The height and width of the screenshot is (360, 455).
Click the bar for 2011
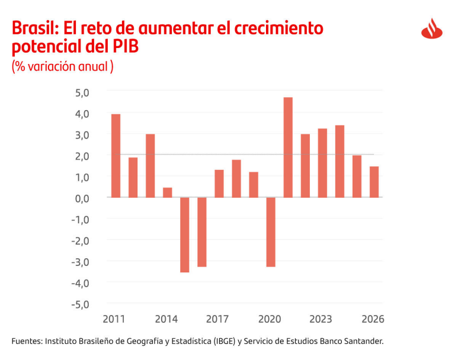(116, 156)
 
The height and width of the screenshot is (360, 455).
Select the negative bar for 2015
(184, 234)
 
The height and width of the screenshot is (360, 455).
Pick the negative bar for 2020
(271, 232)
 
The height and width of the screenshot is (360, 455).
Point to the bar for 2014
(167, 192)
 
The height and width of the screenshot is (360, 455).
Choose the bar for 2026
(374, 182)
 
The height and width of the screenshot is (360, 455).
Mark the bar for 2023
(322, 163)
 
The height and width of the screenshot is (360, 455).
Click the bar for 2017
(219, 184)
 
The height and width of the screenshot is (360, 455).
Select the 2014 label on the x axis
(166, 319)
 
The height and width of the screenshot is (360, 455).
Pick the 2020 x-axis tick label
(270, 319)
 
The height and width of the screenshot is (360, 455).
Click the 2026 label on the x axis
(373, 319)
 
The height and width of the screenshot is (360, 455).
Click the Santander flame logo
(432, 28)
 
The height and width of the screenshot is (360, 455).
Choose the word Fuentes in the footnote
(27, 342)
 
